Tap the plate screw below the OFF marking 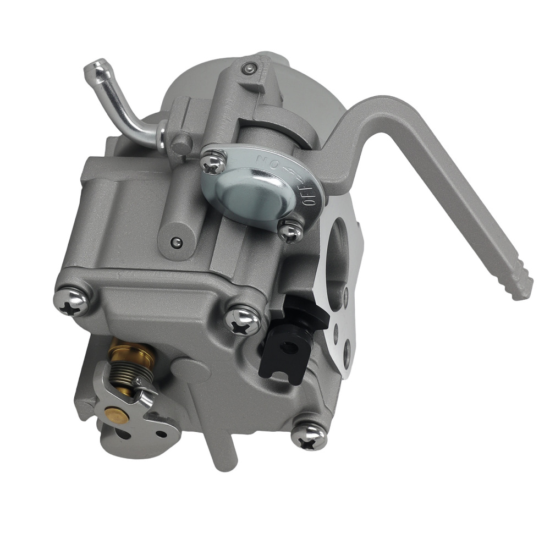pos(289,231)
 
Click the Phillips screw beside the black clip pos(243,320)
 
